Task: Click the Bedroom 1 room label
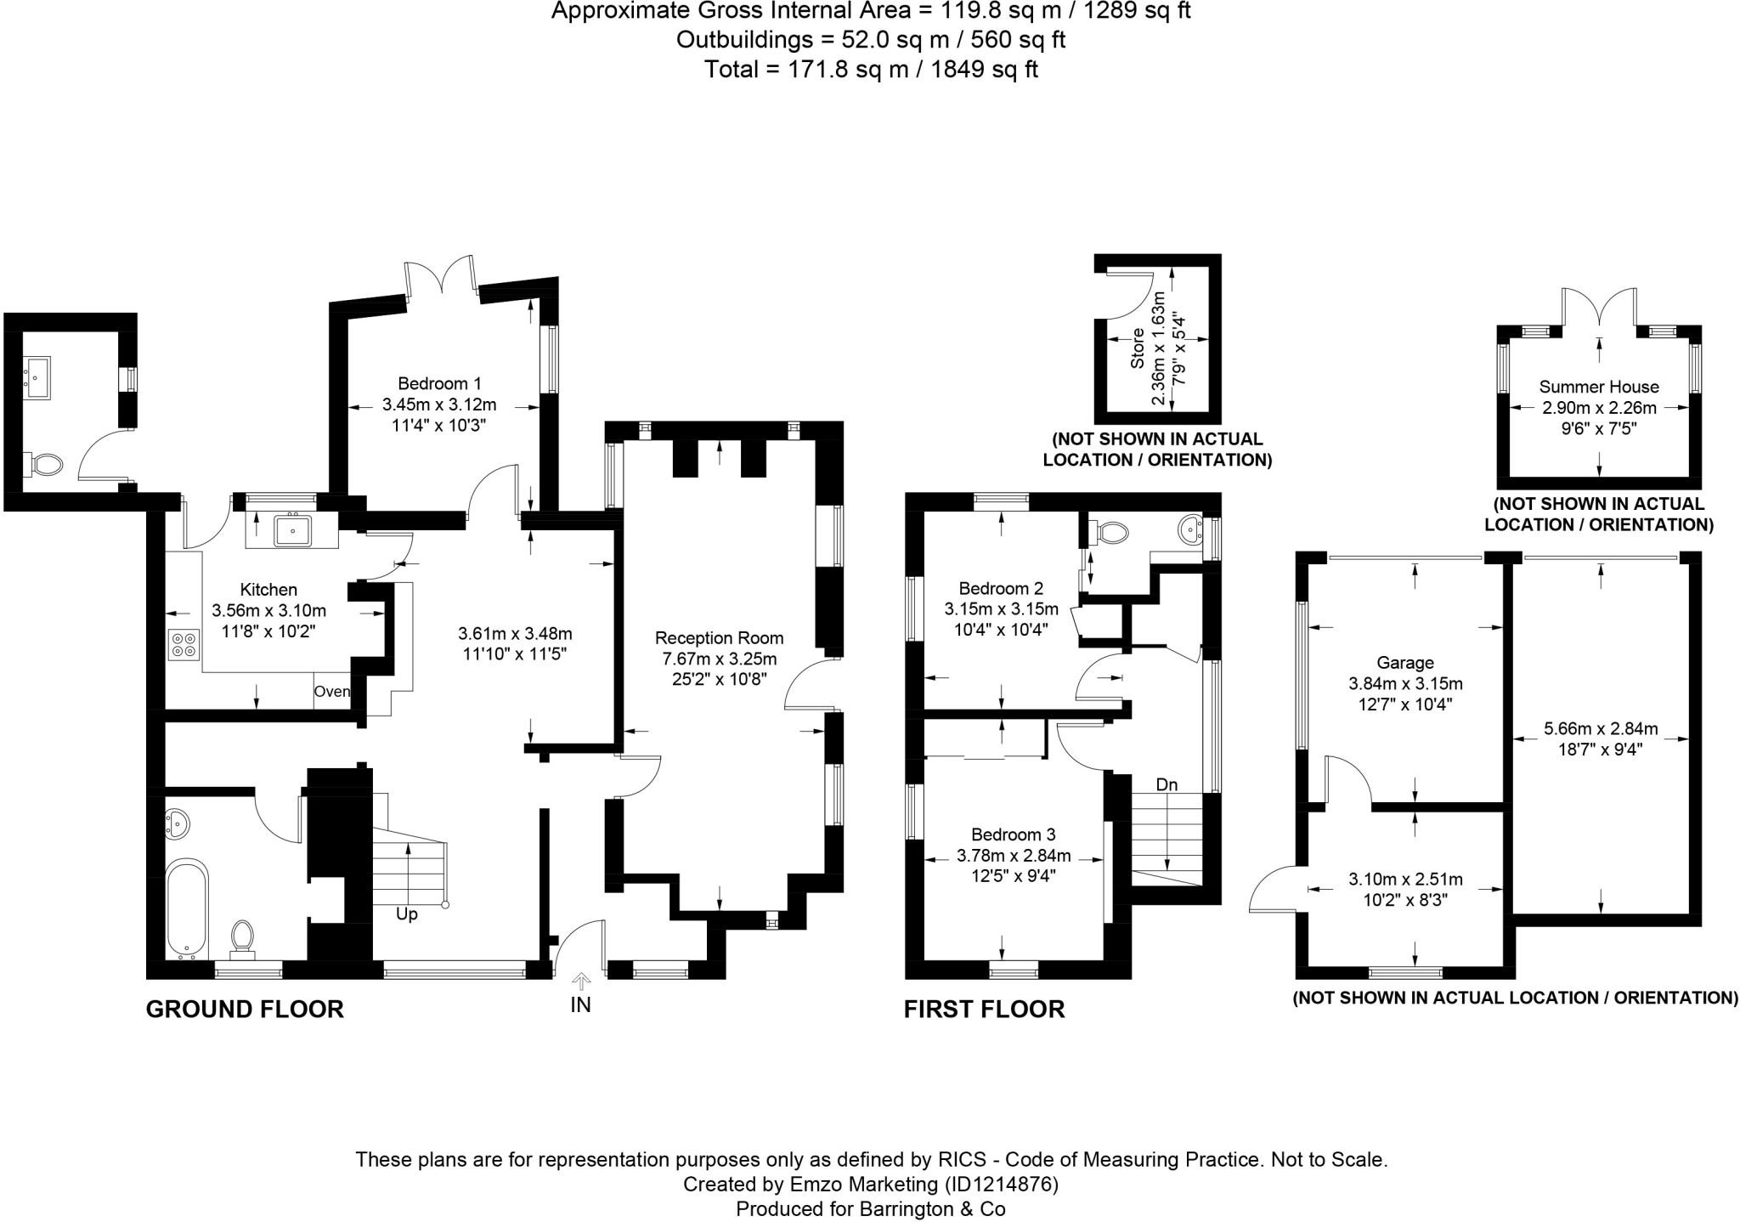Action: [439, 383]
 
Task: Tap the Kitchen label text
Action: [268, 590]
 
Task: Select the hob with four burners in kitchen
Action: [184, 644]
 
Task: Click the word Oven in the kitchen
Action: [331, 692]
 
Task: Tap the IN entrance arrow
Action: [581, 984]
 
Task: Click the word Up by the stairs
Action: [407, 915]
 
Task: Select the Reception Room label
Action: [719, 638]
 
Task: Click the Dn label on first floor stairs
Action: [1167, 784]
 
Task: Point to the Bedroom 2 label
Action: [1001, 588]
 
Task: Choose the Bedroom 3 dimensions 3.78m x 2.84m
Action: [1014, 856]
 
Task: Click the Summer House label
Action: [1599, 388]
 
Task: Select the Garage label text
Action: [1405, 663]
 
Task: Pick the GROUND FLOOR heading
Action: [245, 1010]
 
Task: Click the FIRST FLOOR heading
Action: [984, 1010]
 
